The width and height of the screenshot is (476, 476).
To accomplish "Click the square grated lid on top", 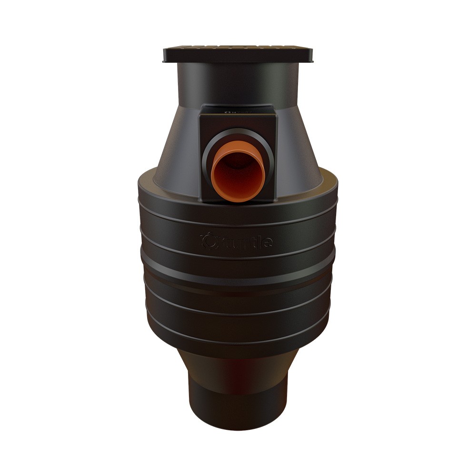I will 238,53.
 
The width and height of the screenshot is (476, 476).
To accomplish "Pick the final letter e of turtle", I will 269,242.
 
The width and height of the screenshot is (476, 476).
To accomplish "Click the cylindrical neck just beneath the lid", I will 238,83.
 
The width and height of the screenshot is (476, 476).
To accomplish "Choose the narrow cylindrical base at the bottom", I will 238,405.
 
